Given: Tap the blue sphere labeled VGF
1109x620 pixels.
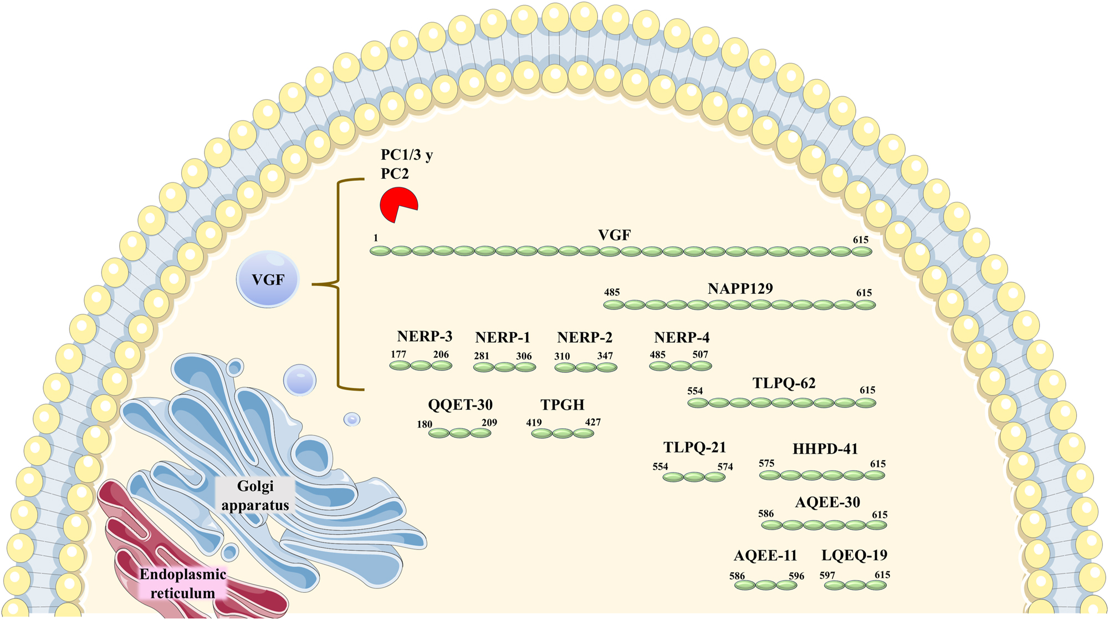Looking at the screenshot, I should (x=268, y=279).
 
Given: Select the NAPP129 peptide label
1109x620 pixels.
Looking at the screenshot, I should (x=740, y=289).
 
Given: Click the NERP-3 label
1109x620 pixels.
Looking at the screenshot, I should (x=425, y=337).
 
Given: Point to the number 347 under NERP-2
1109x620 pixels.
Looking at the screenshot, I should (x=605, y=356).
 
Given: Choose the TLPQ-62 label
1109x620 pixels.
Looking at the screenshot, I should (x=784, y=384).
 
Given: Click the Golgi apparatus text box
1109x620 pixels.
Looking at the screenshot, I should (x=255, y=495).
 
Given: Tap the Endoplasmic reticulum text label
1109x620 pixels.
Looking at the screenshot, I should (x=183, y=583).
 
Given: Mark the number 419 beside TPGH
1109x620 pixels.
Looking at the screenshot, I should (x=534, y=423).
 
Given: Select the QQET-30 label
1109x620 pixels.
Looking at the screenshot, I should (x=460, y=405).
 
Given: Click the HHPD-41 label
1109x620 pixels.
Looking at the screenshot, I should (x=825, y=449).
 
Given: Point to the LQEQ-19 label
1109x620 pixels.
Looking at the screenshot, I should (x=854, y=556).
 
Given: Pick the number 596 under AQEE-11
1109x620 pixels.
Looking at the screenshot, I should (x=796, y=576).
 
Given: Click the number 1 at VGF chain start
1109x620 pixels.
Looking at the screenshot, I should (x=376, y=238).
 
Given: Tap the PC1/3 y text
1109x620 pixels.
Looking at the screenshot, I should (x=407, y=155).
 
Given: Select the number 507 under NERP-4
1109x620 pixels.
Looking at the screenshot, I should (x=700, y=354).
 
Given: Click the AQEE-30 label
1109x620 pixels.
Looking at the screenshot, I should (x=827, y=502).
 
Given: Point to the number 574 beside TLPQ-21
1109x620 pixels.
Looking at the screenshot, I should (x=725, y=467).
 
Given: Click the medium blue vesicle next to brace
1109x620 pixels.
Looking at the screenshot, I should (x=300, y=380).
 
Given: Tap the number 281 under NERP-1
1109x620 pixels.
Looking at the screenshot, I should (x=481, y=356).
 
